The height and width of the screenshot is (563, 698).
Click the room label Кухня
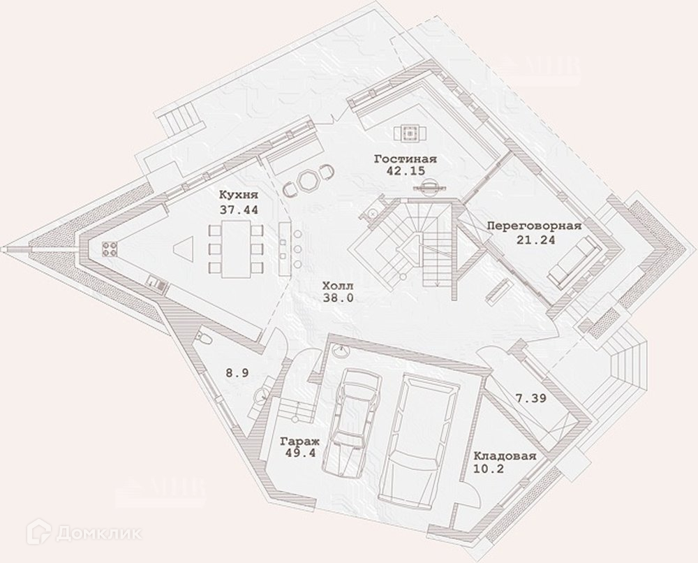pos(239,195)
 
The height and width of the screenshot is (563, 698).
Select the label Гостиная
pos(405,159)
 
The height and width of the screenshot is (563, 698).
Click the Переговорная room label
pos(534,227)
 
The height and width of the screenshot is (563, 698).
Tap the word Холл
pos(338,286)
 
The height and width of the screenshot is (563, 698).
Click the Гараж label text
pos(300,441)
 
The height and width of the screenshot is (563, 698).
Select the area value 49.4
pos(301,453)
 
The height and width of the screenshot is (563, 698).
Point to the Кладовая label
pos(505,457)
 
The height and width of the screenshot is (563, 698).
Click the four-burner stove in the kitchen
pos(110,248)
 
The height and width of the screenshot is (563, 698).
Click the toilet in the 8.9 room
pos(205,339)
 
